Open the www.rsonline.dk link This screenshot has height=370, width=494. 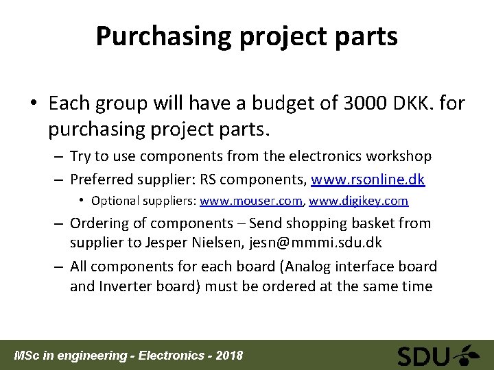368,180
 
